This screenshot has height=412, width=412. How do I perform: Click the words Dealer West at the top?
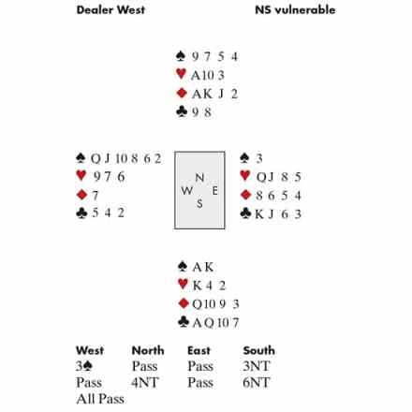[110, 9]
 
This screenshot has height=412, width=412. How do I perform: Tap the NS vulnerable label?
[295, 9]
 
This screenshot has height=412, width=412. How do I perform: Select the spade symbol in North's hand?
[181, 56]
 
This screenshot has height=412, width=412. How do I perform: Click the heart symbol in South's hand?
[183, 285]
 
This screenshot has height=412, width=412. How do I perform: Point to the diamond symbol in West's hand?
[81, 195]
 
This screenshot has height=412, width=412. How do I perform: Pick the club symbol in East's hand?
[245, 213]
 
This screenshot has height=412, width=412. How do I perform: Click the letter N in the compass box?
[199, 178]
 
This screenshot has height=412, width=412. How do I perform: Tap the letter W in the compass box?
[187, 190]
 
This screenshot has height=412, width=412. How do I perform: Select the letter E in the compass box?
[215, 191]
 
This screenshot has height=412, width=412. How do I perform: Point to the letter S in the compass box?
[199, 204]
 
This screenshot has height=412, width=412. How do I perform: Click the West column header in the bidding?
[90, 350]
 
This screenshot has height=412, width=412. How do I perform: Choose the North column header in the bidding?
[148, 350]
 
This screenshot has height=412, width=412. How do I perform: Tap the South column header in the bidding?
[259, 350]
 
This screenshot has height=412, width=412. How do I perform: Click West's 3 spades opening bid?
[84, 366]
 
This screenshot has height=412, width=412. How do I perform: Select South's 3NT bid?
[257, 366]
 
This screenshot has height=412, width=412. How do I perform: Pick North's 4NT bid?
[145, 382]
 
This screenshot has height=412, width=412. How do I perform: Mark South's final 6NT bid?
[257, 382]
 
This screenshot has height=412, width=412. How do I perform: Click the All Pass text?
[100, 399]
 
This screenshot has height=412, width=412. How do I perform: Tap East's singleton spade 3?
[259, 158]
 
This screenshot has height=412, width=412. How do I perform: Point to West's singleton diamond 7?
[96, 196]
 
